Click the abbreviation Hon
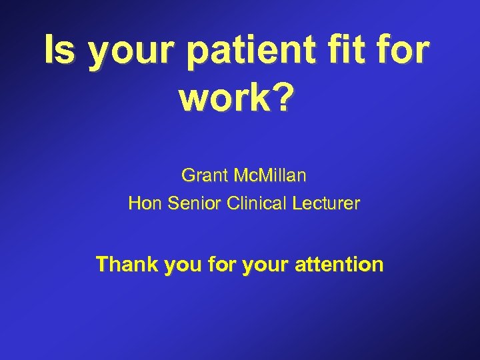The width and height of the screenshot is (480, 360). (142, 203)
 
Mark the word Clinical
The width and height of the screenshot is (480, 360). (256, 203)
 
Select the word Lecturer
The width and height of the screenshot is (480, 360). (327, 203)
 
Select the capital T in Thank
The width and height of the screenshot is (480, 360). (102, 265)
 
